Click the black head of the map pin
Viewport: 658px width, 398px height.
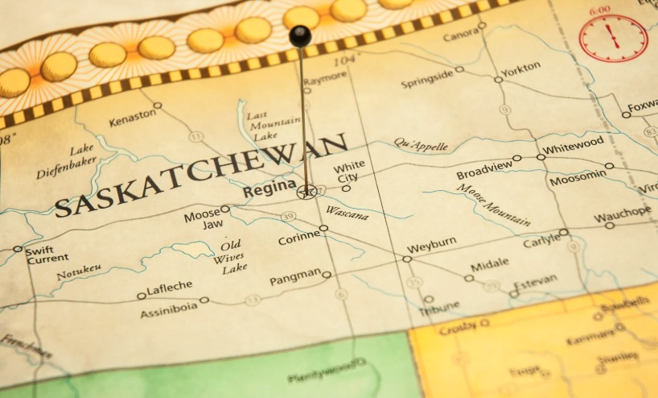coord(300,35)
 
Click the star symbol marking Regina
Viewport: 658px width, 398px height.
coord(306,192)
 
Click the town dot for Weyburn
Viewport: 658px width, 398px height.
coord(407,259)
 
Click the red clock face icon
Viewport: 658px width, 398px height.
coord(613,38)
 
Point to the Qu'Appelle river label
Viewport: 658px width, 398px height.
coord(420,144)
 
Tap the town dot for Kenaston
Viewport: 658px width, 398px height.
coord(158,105)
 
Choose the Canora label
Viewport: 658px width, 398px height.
coord(460,35)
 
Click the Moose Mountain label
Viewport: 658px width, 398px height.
coord(493,205)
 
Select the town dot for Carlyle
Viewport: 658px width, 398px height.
coord(564,232)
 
